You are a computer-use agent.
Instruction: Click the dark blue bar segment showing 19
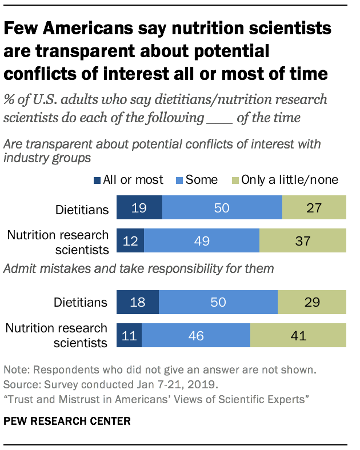pos(139,208)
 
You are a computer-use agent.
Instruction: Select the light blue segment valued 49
pos(201,240)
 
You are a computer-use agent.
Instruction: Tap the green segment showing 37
pos(303,240)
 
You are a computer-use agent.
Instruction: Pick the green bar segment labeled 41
pos(298,335)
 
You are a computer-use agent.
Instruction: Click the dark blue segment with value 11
pos(129,335)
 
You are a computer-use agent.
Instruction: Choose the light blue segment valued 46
pos(195,335)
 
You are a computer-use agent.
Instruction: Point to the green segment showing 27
pos(314,208)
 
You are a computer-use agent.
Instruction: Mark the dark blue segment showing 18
pos(138,302)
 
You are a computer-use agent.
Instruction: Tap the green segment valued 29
pos(312,302)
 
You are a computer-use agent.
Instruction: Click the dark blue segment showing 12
pos(130,240)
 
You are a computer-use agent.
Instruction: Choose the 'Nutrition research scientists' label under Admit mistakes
pos(56,335)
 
